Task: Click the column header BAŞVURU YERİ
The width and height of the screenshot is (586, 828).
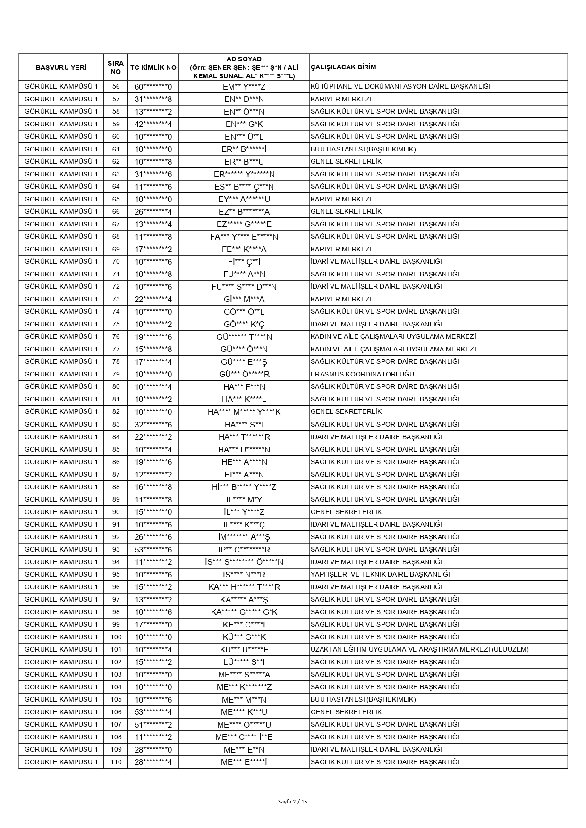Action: tap(61, 67)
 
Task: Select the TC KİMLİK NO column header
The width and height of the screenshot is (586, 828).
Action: tap(153, 67)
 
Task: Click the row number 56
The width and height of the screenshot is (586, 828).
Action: tap(116, 87)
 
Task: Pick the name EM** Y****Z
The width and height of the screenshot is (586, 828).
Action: tap(244, 87)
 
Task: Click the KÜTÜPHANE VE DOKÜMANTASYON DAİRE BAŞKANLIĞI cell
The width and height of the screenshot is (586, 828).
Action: tap(400, 86)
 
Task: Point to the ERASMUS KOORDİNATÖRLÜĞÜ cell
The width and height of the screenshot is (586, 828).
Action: tap(362, 374)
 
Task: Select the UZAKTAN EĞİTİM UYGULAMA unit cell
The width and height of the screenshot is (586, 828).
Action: tap(419, 649)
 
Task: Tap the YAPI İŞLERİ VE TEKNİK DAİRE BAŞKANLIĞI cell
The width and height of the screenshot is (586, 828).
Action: tap(380, 574)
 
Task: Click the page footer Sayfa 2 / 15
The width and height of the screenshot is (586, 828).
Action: tap(293, 801)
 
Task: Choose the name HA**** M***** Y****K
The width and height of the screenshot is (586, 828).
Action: tap(244, 412)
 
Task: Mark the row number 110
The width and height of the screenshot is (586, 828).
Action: tap(116, 762)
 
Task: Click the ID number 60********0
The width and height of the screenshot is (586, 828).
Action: tap(153, 87)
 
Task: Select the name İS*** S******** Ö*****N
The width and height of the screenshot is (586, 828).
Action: tap(244, 562)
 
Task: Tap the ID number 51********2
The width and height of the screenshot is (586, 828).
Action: tap(153, 724)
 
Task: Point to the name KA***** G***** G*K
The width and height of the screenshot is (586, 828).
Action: tap(244, 612)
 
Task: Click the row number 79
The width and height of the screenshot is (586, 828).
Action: tap(116, 374)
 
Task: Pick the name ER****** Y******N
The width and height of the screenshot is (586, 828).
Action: tap(244, 174)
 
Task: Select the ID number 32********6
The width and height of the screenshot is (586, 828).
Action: tap(153, 424)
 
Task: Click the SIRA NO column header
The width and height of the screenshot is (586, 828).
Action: tap(116, 67)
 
